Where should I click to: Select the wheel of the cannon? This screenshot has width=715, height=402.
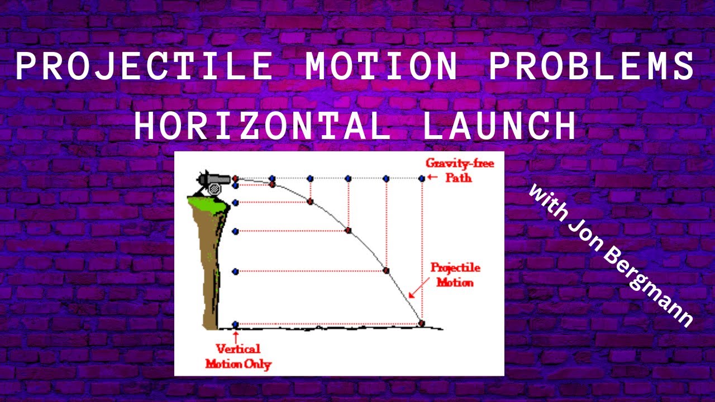tap(213, 190)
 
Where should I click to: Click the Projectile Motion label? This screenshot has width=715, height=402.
tap(455, 275)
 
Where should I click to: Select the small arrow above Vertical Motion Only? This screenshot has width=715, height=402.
tap(235, 336)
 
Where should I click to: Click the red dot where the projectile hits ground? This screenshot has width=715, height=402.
tap(422, 323)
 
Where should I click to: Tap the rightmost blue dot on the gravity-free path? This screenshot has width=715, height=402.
tap(422, 179)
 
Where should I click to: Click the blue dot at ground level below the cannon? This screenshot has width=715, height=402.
tap(235, 324)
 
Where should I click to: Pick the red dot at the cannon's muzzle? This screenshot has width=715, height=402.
tap(235, 179)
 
